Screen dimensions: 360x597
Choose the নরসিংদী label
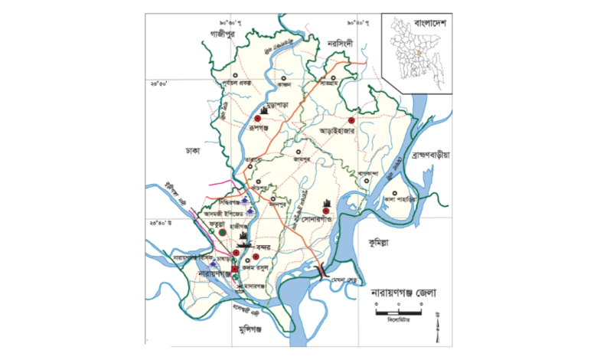point(340,43)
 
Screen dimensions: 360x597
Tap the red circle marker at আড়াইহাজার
point(351,121)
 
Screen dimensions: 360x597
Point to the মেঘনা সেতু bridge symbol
point(321,269)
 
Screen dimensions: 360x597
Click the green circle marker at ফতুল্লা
point(223,230)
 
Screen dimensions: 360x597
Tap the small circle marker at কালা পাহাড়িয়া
point(394,192)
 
